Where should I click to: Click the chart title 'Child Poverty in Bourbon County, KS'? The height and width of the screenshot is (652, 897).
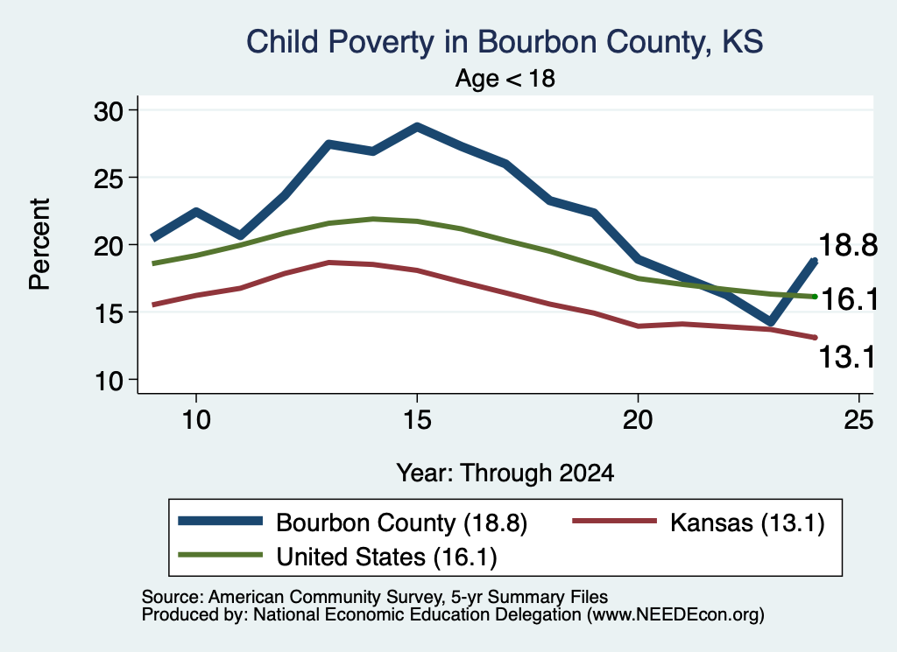coord(505,42)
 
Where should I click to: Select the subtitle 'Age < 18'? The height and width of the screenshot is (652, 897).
coord(505,78)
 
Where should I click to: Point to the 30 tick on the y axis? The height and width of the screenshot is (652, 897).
coord(109,111)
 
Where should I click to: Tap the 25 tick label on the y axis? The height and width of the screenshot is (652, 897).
coord(109,179)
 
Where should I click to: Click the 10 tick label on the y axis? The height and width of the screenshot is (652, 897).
coord(109,381)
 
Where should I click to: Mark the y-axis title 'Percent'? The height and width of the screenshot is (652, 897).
coord(40,244)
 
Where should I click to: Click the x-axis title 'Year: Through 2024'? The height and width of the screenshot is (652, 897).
coord(505,473)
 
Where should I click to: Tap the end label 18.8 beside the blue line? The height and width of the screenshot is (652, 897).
coord(848,245)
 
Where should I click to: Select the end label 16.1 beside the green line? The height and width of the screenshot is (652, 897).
coord(849,299)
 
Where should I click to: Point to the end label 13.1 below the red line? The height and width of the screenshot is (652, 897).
coord(847,357)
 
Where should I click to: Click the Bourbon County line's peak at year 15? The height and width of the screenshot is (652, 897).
coord(418,127)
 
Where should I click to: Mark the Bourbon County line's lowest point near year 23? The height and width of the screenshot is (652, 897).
coord(771,322)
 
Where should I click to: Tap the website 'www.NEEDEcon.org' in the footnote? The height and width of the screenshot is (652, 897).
coord(675,615)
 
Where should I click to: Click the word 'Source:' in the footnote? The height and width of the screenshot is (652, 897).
coord(173,597)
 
